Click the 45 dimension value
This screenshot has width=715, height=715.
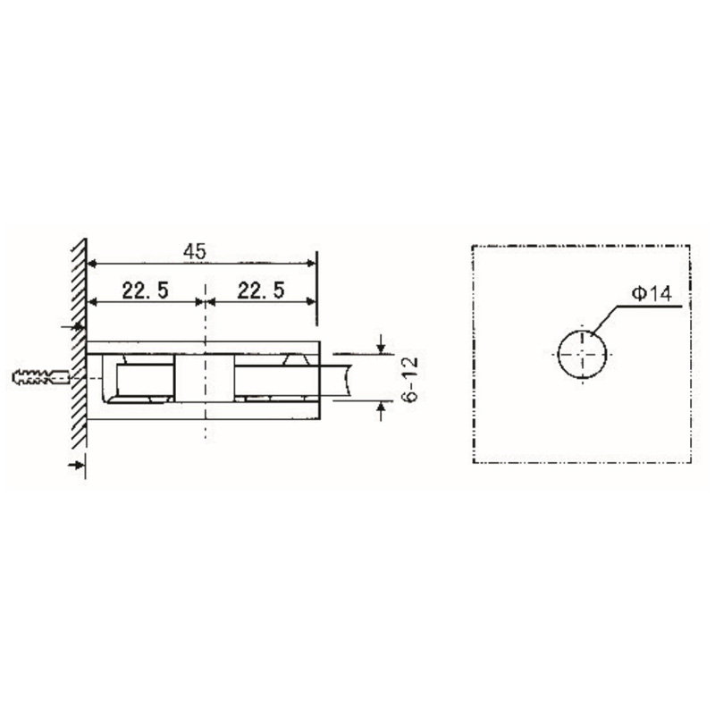point(195,253)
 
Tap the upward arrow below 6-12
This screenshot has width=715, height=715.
point(382,410)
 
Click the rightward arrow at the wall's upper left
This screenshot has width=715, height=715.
point(75,329)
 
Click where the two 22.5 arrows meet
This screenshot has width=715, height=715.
point(206,302)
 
